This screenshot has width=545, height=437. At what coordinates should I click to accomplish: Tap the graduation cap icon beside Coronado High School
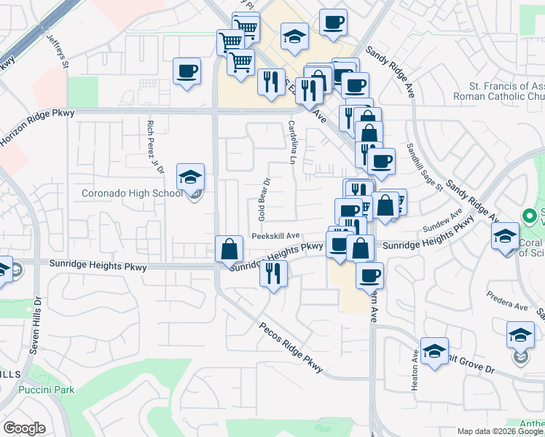pyautogui.click(x=190, y=177)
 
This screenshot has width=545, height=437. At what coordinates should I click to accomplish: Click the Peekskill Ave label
pyautogui.click(x=276, y=236)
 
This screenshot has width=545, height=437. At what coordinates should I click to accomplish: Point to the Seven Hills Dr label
pyautogui.click(x=34, y=326)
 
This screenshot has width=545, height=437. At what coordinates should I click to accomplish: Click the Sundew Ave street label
pyautogui.click(x=442, y=221)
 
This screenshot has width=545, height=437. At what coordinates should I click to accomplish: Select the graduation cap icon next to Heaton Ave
pyautogui.click(x=434, y=352)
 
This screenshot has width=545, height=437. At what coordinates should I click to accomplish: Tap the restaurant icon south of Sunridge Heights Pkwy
pyautogui.click(x=273, y=274)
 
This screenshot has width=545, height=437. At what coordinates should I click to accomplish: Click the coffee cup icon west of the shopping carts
pyautogui.click(x=187, y=71)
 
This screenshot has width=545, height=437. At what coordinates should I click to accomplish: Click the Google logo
pyautogui.click(x=24, y=428)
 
